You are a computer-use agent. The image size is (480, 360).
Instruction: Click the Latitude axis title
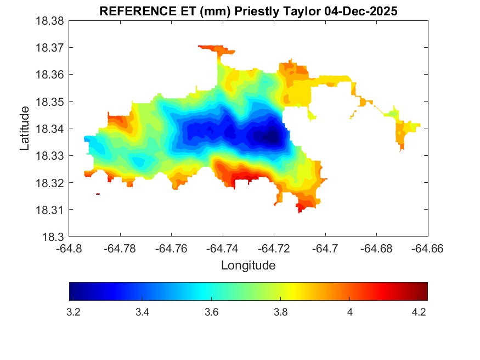25,128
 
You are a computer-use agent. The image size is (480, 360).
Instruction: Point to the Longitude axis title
248,266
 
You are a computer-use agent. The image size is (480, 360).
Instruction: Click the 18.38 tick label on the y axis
50,21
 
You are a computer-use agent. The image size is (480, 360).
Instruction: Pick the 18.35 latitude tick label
50,102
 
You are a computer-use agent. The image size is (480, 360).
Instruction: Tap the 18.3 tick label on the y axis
53,237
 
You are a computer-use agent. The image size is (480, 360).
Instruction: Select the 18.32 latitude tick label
50,183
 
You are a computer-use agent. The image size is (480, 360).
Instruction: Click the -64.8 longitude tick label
70,249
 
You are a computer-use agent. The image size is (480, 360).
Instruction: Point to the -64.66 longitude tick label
428,249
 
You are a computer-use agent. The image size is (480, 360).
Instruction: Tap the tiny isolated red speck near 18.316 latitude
98,194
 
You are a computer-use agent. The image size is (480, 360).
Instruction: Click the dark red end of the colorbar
423,291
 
